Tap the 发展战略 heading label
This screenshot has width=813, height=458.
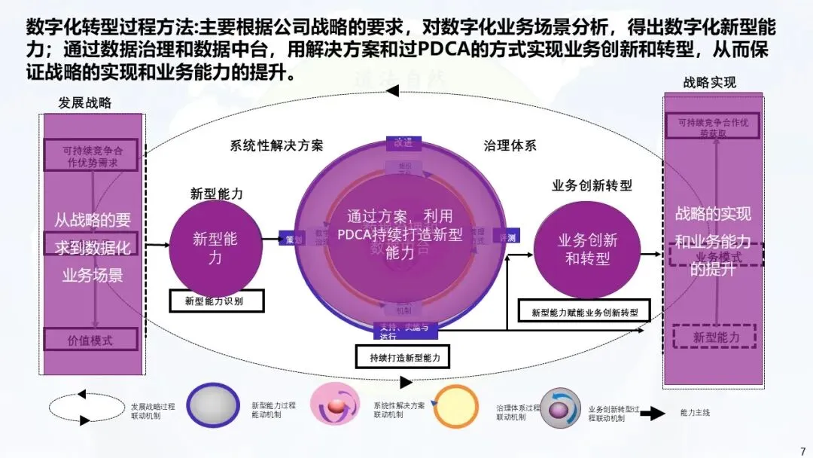(84, 102)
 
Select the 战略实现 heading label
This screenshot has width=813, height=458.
(709, 83)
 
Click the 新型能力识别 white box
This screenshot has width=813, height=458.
(217, 301)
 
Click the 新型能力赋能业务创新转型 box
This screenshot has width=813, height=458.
(584, 311)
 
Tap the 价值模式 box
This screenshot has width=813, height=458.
(90, 340)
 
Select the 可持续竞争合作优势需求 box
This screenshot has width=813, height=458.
(92, 155)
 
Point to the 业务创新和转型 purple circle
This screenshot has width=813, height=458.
(587, 249)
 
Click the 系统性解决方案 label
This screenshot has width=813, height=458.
(276, 145)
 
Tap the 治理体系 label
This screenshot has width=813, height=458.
(510, 145)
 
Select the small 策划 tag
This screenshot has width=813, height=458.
(292, 239)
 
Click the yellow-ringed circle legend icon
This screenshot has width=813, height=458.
(456, 408)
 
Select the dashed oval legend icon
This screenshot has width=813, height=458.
(87, 408)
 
